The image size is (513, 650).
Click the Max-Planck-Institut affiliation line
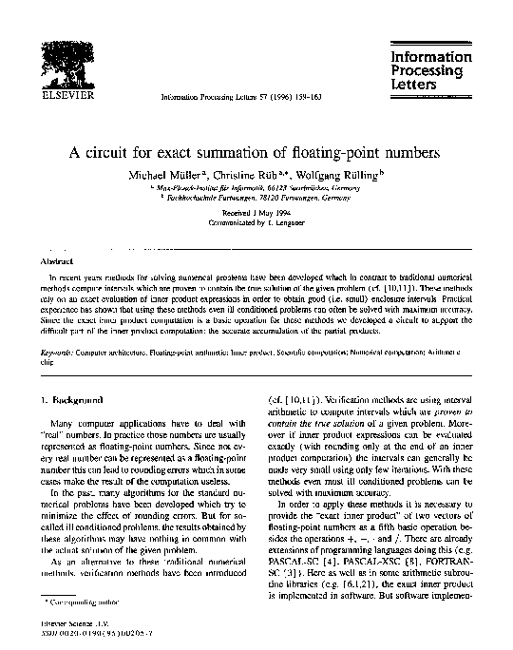[256, 190]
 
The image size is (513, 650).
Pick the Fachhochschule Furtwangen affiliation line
[256, 201]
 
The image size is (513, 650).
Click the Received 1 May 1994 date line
[256, 217]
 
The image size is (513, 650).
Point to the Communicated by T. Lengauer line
[256, 226]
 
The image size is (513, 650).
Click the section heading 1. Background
[69, 401]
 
